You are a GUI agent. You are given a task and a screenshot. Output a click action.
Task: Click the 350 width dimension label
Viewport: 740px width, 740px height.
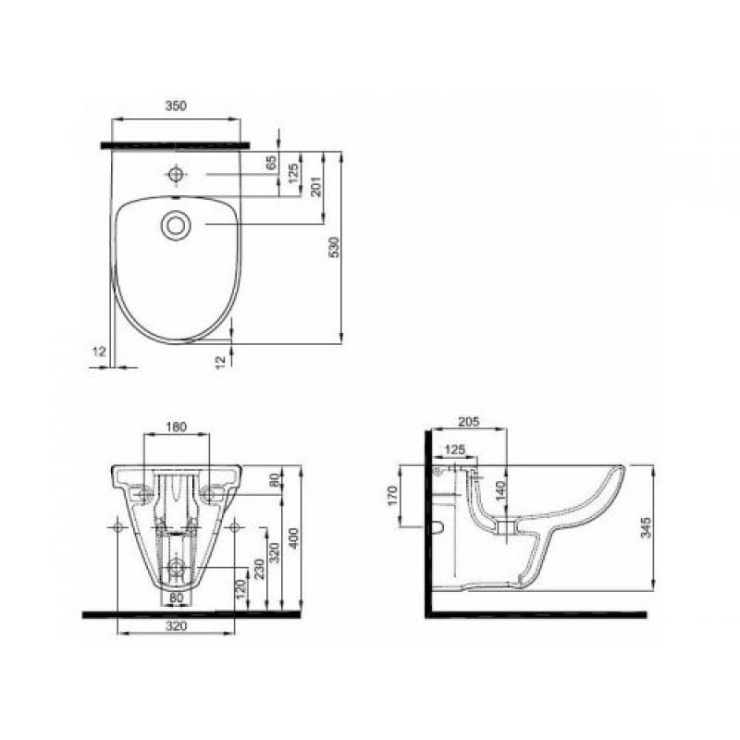click(176, 105)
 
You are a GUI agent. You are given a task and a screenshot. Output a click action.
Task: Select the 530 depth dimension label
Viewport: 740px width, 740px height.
click(334, 247)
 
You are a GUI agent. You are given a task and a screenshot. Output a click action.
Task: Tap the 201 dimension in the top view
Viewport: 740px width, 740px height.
click(315, 187)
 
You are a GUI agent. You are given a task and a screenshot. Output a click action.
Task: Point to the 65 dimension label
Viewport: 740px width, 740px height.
click(271, 163)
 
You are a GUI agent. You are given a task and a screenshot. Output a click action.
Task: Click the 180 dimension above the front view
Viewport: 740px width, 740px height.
click(177, 426)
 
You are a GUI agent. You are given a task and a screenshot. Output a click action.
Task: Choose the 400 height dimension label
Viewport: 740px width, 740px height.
click(293, 538)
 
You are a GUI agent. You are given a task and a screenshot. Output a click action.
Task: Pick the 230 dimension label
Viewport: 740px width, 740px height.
click(259, 569)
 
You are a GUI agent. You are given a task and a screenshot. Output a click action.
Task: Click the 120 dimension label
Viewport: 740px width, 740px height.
click(240, 590)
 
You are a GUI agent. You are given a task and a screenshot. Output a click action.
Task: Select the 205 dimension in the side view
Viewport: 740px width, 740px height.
click(469, 422)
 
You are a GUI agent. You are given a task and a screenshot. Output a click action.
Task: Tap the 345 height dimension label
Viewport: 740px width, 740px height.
click(646, 527)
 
